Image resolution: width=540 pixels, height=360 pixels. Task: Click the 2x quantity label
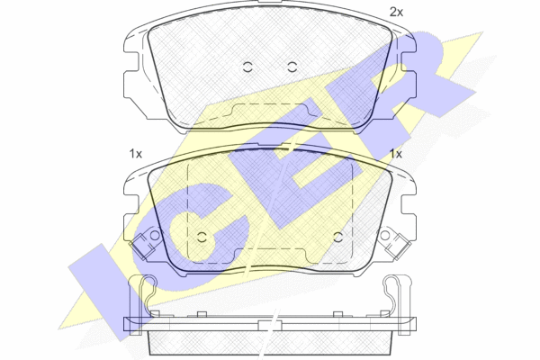(396, 13)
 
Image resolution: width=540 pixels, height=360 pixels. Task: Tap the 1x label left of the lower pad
(136, 154)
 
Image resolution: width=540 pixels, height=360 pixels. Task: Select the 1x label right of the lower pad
(396, 154)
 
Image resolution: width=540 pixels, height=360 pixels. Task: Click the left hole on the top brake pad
(247, 67)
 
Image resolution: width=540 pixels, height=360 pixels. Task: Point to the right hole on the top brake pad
(292, 67)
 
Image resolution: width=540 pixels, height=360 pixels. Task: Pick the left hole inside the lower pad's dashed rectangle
(202, 237)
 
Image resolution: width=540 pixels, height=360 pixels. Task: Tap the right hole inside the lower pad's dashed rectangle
(338, 237)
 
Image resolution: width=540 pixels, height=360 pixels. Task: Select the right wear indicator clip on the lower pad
(399, 247)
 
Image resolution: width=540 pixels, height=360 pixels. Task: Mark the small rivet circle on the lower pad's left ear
(155, 235)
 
